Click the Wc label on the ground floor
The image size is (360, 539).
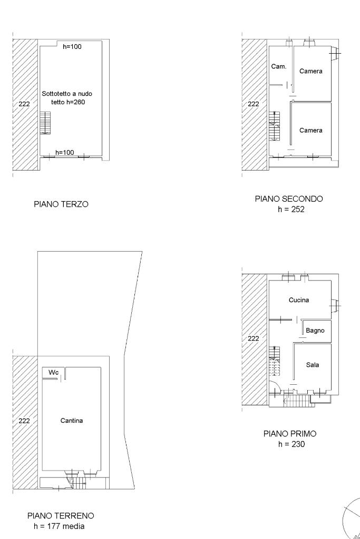coord(53,372)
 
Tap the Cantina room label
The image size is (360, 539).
coord(72,421)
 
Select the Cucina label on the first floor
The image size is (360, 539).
coord(299,300)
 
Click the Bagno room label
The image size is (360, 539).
coord(315,331)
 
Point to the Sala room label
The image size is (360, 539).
coord(313,365)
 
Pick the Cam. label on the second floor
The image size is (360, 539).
coord(279,67)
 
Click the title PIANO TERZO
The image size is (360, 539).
coord(61,204)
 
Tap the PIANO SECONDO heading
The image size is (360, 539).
coord(289,198)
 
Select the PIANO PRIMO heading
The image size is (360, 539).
coord(290,434)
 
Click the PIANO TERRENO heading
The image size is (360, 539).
coord(61,516)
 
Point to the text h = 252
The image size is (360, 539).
coord(291,209)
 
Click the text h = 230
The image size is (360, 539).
coord(291,444)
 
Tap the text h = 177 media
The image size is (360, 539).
coord(59,526)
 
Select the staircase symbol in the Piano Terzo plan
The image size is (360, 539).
coord(45,123)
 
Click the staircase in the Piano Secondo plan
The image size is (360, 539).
coord(274,126)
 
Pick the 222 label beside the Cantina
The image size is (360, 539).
coord(24,421)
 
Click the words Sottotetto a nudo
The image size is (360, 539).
coord(67,94)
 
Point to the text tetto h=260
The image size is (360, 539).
coord(68,102)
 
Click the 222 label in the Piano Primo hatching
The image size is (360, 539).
coord(254,338)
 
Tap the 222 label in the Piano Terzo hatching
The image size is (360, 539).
coord(24,104)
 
